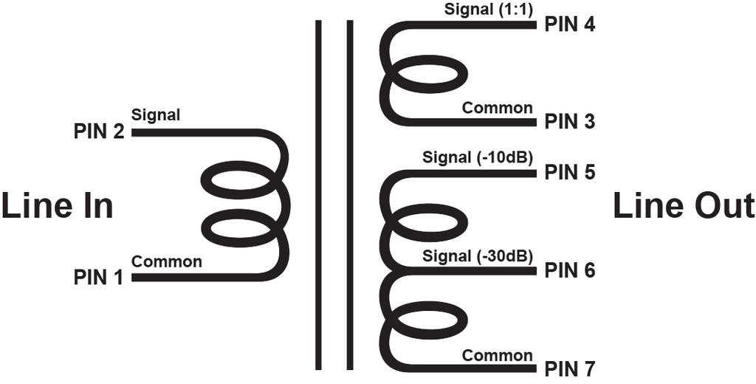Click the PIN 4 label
tap(570, 24)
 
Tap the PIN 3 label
tap(570, 122)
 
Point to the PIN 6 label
tap(570, 270)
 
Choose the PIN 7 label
tap(570, 369)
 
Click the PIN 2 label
tap(99, 131)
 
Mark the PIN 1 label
tap(99, 278)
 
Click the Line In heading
tap(58, 205)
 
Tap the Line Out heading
tap(684, 205)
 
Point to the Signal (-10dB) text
tap(478, 158)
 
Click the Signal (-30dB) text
tap(478, 257)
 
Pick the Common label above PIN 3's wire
tap(498, 108)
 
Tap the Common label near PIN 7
tap(498, 355)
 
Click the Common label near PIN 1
tap(167, 262)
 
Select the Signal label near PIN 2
tap(156, 115)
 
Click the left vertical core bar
tap(318, 195)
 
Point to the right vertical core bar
tap(350, 195)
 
